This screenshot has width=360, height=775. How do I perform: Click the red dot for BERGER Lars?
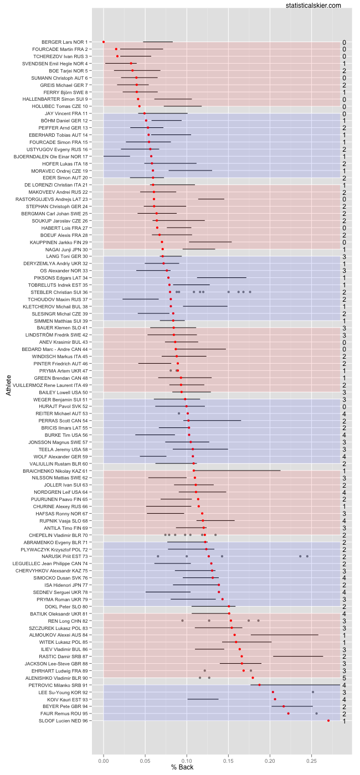pos(104,42)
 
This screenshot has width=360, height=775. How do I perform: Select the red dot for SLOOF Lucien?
pos(328,720)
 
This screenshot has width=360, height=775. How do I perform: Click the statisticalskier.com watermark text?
pos(313,5)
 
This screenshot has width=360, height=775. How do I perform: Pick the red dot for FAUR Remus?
pos(288,713)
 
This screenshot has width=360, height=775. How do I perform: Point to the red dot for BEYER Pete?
pos(284,706)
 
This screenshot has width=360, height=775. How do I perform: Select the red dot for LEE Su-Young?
pos(273,692)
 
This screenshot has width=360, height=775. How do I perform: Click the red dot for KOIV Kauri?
pos(275,699)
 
